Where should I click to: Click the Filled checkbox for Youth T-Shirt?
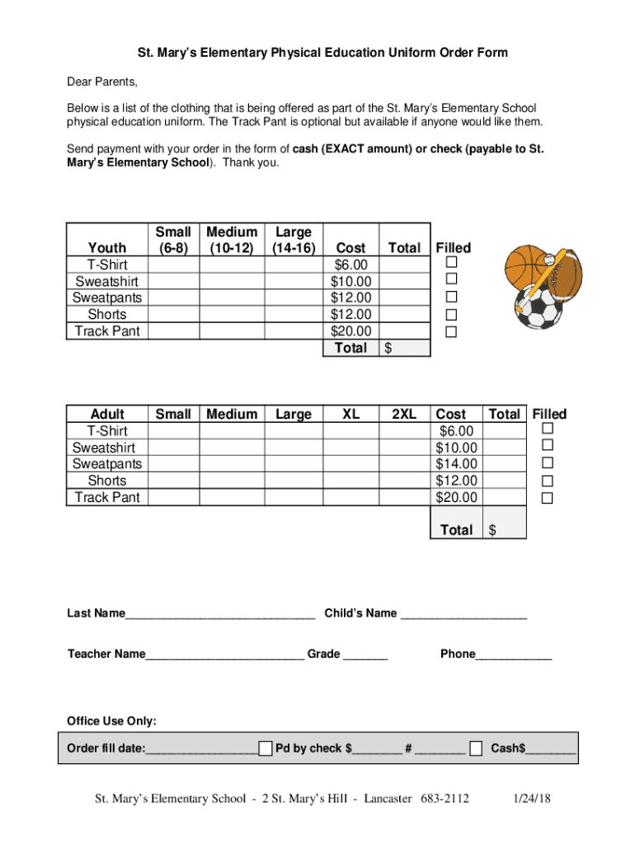[451, 263]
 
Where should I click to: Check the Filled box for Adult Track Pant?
[547, 498]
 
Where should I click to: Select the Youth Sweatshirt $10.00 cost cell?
[350, 281]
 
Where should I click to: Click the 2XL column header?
[403, 415]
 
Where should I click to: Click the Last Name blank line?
[220, 615]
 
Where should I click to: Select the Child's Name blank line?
[463, 615]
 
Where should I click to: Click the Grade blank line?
[365, 656]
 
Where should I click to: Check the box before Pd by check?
[265, 748]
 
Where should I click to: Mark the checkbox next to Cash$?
[476, 748]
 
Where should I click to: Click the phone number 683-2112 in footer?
[445, 799]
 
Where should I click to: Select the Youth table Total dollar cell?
[405, 349]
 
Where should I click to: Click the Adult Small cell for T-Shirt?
[173, 431]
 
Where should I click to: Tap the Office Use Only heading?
[111, 721]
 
